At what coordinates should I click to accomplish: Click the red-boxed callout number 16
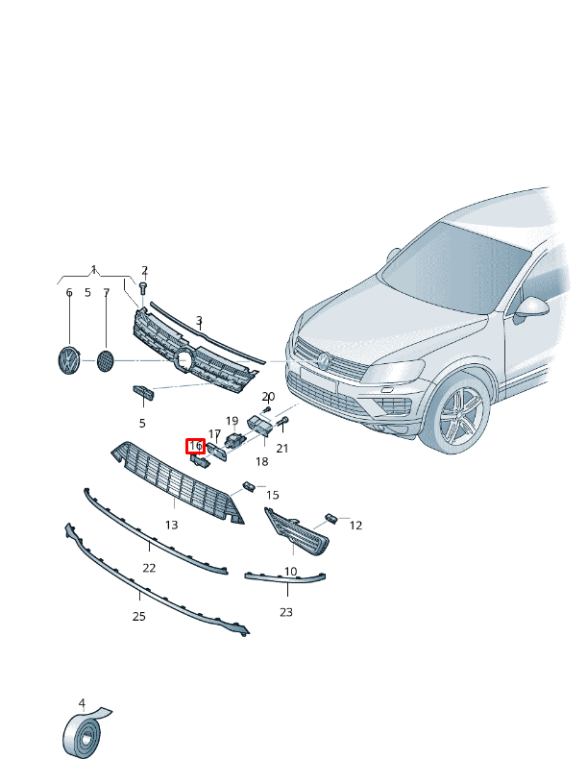pyautogui.click(x=195, y=446)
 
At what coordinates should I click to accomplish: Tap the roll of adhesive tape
pyautogui.click(x=84, y=733)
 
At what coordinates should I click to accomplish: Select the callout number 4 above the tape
pyautogui.click(x=82, y=703)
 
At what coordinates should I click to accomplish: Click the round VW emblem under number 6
pyautogui.click(x=69, y=360)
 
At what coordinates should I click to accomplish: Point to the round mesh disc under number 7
pyautogui.click(x=105, y=360)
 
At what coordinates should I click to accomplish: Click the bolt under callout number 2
pyautogui.click(x=143, y=288)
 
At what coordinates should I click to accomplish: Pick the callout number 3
pyautogui.click(x=199, y=320)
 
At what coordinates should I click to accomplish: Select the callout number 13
pyautogui.click(x=172, y=525)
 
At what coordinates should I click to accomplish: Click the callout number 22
pyautogui.click(x=149, y=568)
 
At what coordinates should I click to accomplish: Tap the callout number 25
pyautogui.click(x=139, y=617)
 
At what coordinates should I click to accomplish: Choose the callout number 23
pyautogui.click(x=286, y=612)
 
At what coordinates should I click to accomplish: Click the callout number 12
pyautogui.click(x=355, y=526)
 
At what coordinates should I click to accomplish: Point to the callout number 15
pyautogui.click(x=273, y=495)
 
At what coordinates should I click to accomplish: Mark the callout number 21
pyautogui.click(x=282, y=449)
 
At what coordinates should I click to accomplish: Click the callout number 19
pyautogui.click(x=232, y=421)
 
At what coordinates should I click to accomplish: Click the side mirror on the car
pyautogui.click(x=530, y=308)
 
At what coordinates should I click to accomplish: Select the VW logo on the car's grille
pyautogui.click(x=324, y=360)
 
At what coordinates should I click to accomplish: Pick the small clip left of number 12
pyautogui.click(x=330, y=519)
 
